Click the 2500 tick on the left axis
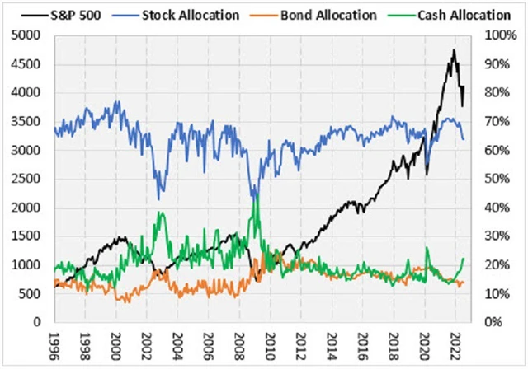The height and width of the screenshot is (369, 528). [x=29, y=179]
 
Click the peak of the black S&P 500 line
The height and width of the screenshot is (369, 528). [x=453, y=50]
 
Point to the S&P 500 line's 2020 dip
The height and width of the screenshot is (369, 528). [x=427, y=174]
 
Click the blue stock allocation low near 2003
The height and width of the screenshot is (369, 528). [x=159, y=199]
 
